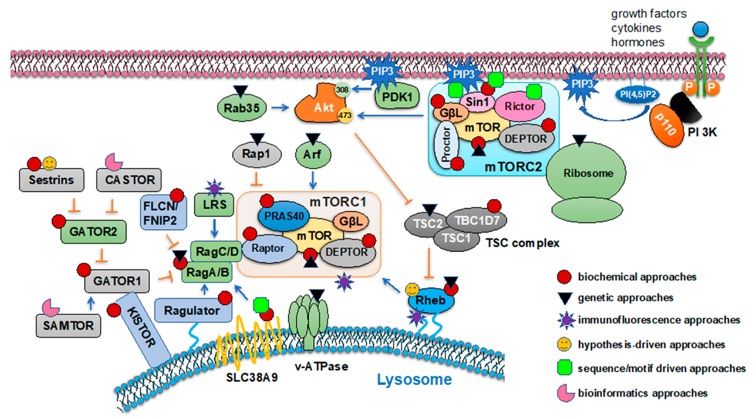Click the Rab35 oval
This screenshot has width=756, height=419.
tap(241, 108)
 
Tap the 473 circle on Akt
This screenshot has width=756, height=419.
tap(345, 115)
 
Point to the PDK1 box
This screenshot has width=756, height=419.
tap(397, 97)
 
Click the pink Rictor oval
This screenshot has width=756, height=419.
tap(519, 106)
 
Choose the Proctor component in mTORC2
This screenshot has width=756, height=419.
tap(446, 144)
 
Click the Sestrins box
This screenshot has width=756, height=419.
tap(51, 180)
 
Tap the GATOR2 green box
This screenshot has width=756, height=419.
tap(93, 232)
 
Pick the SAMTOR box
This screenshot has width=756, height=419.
tap(68, 325)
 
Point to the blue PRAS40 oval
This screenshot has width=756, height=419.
tap(283, 216)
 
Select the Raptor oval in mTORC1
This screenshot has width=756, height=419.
tap(268, 248)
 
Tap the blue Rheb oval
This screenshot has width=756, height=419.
tap(430, 300)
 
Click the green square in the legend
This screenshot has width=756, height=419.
tap(564, 368)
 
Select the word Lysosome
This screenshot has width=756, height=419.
tap(414, 380)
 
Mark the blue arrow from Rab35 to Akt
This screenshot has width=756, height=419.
tap(280, 108)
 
